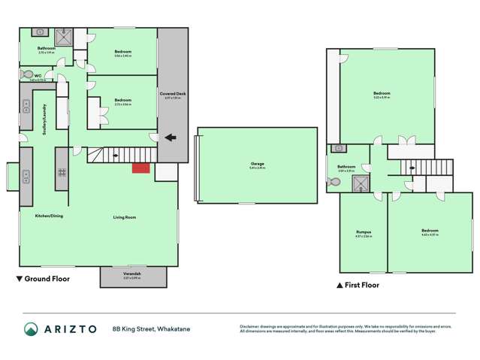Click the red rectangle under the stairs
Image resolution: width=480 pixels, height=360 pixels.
pyautogui.click(x=140, y=168)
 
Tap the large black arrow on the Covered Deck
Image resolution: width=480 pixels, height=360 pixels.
pyautogui.click(x=170, y=138)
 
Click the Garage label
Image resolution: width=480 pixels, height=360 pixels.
pyautogui.click(x=257, y=165)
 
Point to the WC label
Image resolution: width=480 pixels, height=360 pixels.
pyautogui.click(x=37, y=75)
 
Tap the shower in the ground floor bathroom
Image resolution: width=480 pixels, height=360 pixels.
pyautogui.click(x=65, y=37)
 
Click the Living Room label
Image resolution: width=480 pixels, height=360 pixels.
pyautogui.click(x=124, y=217)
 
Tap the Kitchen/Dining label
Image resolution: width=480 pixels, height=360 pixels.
pyautogui.click(x=49, y=216)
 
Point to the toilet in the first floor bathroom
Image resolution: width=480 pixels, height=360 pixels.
pyautogui.click(x=334, y=181)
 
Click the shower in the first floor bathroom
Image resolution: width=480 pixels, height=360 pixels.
pyautogui.click(x=361, y=181)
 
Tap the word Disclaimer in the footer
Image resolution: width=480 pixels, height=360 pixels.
pyautogui.click(x=251, y=326)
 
